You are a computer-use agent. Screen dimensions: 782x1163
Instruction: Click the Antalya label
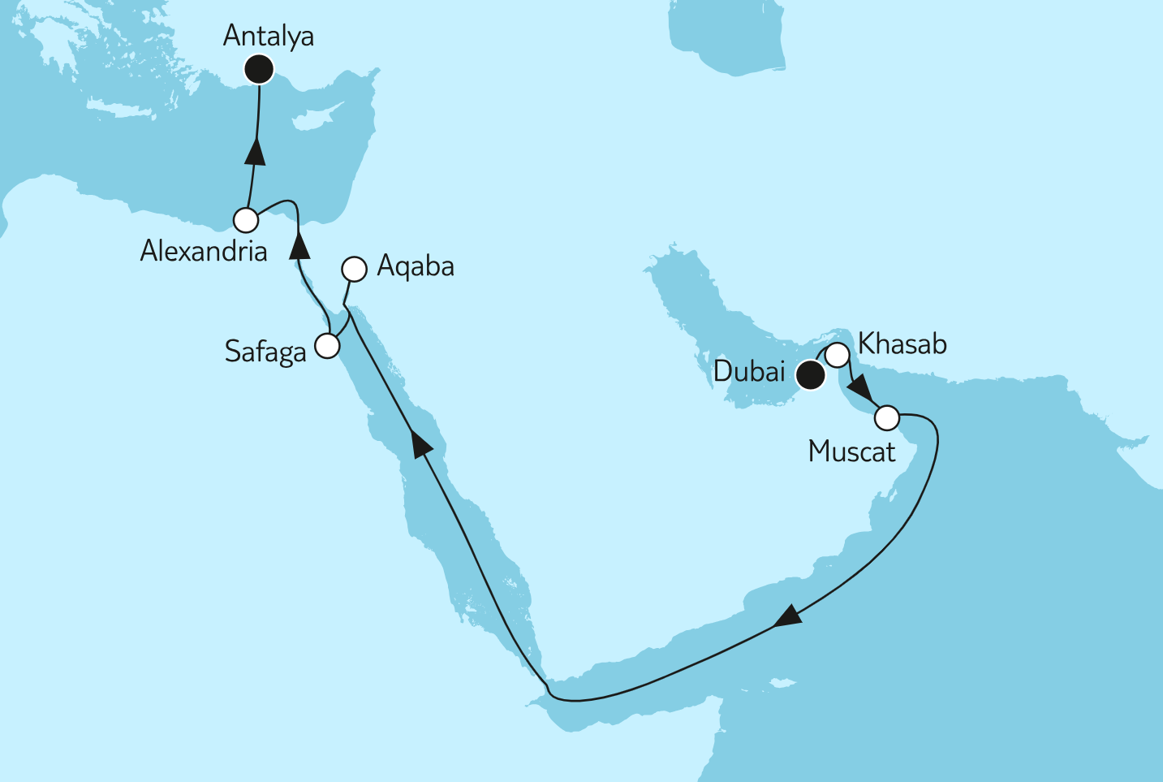click(268, 37)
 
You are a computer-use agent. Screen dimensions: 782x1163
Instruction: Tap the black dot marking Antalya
click(259, 69)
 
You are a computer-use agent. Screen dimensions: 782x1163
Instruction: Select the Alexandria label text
click(204, 252)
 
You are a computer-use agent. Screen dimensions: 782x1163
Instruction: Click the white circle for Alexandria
click(246, 220)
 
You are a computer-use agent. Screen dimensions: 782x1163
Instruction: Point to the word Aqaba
click(416, 266)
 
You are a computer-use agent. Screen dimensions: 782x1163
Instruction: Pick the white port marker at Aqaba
click(355, 269)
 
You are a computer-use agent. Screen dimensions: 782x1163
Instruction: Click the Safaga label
click(265, 352)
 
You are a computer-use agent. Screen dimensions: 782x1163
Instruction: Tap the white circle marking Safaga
click(327, 346)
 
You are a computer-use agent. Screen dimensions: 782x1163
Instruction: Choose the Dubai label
click(749, 372)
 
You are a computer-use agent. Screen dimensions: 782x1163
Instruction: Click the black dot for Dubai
click(810, 376)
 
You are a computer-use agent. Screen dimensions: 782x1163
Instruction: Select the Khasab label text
click(902, 344)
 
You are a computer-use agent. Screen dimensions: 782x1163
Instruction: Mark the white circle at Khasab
click(838, 355)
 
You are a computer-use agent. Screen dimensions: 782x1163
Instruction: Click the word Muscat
click(851, 451)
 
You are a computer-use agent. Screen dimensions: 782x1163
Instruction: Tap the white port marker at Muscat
click(887, 419)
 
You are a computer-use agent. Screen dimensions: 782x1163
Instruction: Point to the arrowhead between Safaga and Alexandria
click(300, 244)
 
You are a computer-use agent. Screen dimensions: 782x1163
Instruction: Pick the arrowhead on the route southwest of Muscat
click(786, 616)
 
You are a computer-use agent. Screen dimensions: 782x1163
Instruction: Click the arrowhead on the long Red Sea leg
click(424, 445)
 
